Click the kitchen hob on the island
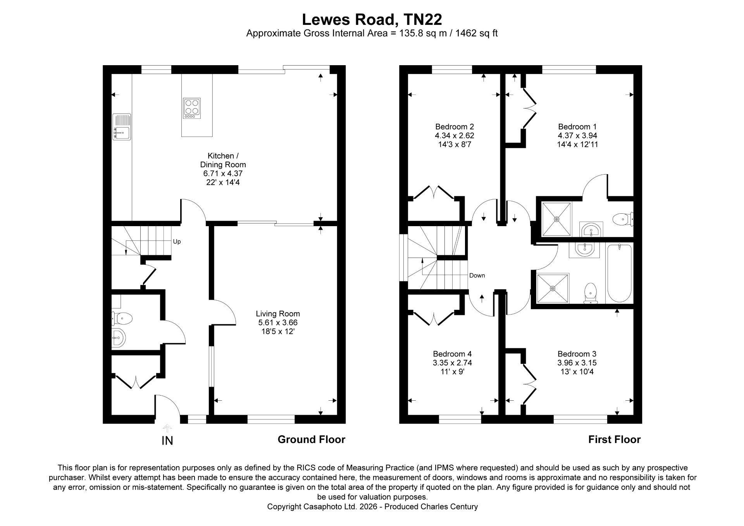point(192,108)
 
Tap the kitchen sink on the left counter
point(122,126)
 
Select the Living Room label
point(278,314)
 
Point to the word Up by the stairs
point(177,242)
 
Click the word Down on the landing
point(477,275)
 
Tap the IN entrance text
point(167,441)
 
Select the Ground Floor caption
point(312,439)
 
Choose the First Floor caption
point(615,439)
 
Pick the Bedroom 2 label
point(455,127)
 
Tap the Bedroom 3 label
point(577,354)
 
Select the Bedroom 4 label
point(452,354)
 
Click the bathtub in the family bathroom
point(620,273)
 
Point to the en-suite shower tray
point(557,219)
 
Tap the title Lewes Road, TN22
point(372,19)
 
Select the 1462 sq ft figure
point(476,33)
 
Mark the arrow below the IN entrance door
point(167,429)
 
